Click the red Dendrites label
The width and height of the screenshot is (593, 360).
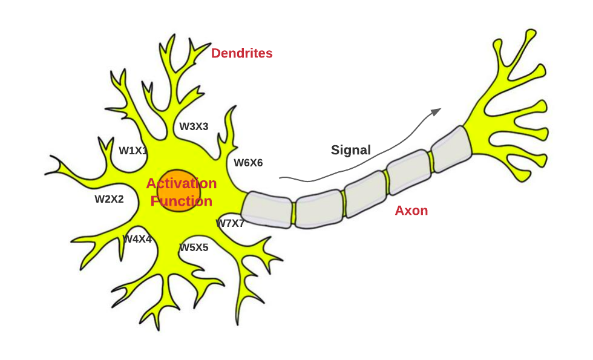coord(241,53)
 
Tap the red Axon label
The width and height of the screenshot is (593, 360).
coord(411,211)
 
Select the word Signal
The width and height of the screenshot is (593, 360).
coord(350,150)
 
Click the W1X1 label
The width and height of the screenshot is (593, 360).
coord(133,151)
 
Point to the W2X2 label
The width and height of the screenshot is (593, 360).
coord(109,199)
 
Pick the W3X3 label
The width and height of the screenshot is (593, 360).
coord(194,126)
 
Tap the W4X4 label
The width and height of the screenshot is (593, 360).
coord(137,239)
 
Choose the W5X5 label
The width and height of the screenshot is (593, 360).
coord(194,247)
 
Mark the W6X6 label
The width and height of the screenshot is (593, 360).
coord(248,162)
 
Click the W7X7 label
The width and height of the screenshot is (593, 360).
coord(231,223)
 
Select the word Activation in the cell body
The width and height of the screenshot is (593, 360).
coord(182,183)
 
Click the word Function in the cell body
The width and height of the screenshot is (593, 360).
coord(182,201)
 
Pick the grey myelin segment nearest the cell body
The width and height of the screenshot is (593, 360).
coord(267,209)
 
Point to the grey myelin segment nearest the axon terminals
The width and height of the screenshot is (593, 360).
coord(451,149)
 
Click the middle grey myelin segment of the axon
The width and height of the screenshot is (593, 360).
coord(365,193)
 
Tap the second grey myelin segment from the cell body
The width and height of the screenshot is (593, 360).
coord(319,208)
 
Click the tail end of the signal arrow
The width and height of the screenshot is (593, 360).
coord(281,178)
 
